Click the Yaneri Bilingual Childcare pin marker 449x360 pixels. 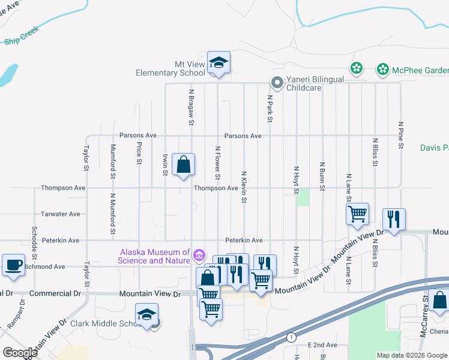click(x=277, y=82)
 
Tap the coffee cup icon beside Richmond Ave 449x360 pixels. click(x=13, y=265)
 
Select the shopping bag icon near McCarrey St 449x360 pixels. click(x=439, y=300)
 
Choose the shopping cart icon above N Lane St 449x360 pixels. click(x=357, y=214)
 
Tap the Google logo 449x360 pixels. click(x=20, y=353)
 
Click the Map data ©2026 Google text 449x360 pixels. click(x=412, y=355)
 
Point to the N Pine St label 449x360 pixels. click(x=400, y=135)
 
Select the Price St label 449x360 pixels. click(x=139, y=153)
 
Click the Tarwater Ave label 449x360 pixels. click(x=60, y=214)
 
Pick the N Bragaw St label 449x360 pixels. click(x=191, y=108)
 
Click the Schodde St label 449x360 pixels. click(x=34, y=239)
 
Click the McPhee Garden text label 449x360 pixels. click(x=420, y=70)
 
